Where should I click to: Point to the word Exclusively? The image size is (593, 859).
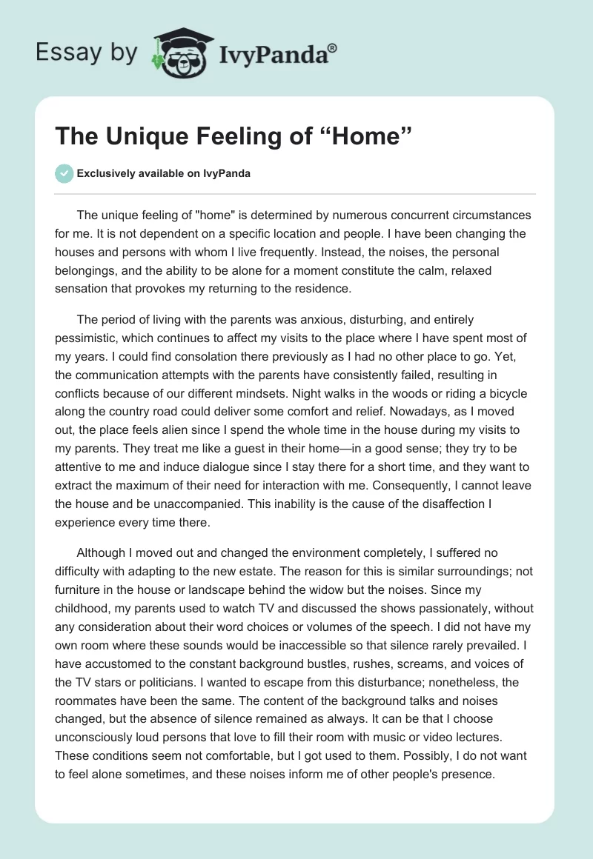pos(104,174)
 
